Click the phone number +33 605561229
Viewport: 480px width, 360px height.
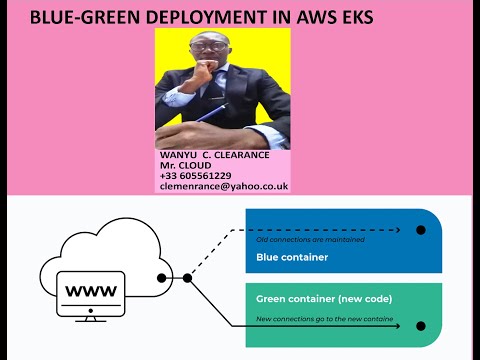point(195,175)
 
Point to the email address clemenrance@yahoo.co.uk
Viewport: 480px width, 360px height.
point(223,186)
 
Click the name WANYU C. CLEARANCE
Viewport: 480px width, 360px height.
point(215,155)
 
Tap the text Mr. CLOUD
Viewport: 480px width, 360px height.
point(185,165)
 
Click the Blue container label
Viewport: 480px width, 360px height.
point(292,257)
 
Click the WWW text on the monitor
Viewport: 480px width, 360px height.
point(90,292)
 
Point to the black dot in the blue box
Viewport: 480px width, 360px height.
point(421,230)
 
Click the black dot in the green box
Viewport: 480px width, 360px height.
point(421,326)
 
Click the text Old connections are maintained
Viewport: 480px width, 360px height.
point(310,240)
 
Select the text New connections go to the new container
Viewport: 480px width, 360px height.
point(325,318)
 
